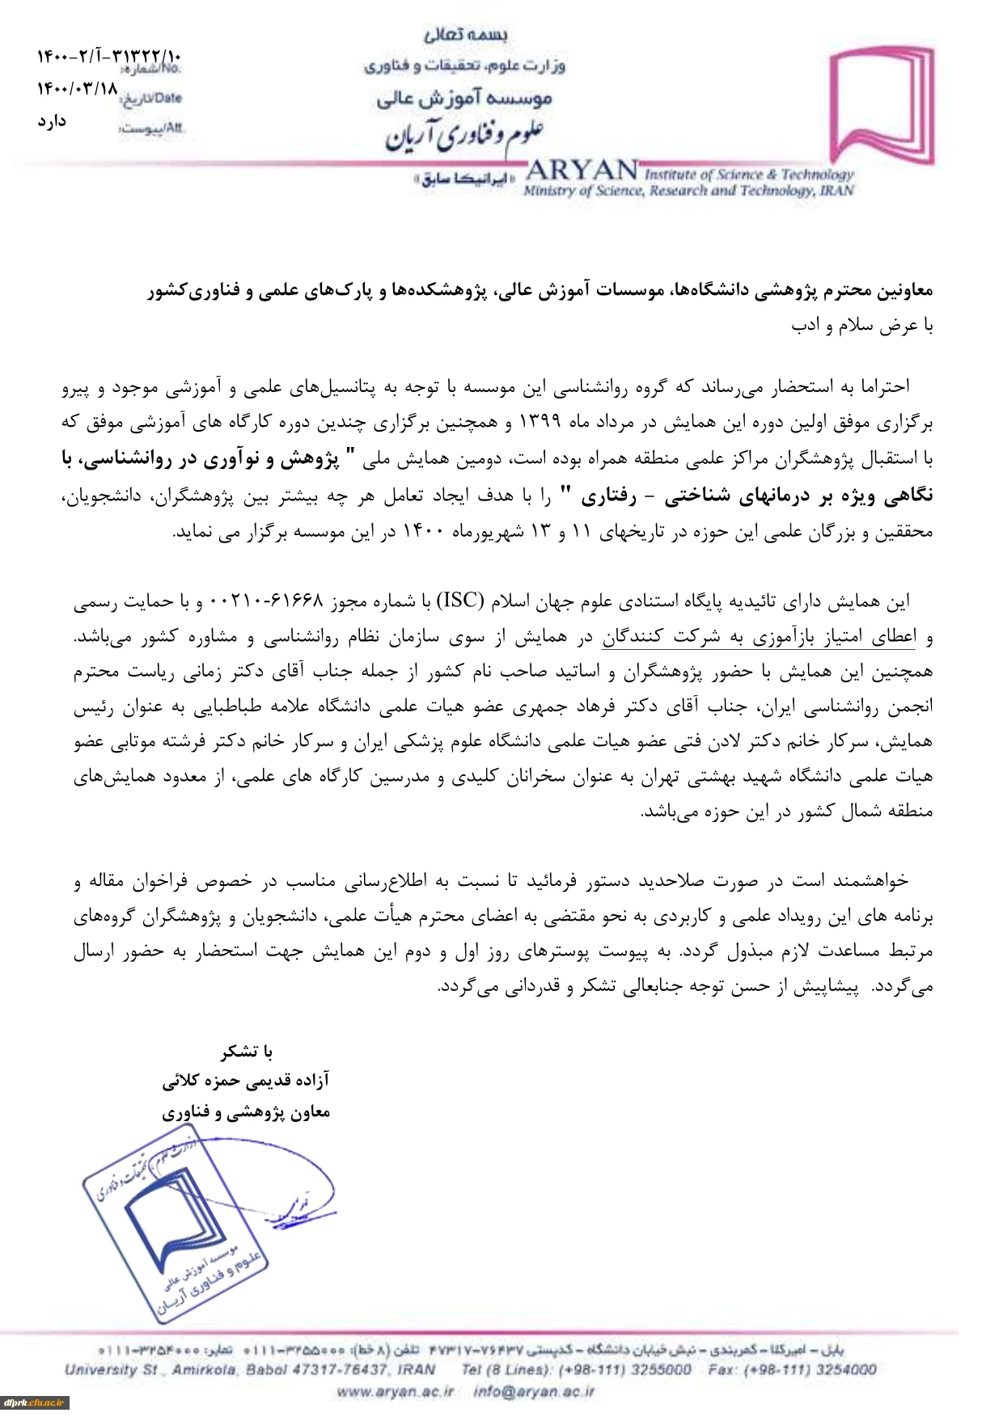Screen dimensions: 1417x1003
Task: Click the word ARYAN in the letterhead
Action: (x=582, y=171)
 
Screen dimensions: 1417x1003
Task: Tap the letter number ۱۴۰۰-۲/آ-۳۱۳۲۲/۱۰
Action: (x=109, y=57)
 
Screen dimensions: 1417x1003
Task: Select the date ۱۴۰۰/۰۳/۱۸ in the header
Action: (x=78, y=88)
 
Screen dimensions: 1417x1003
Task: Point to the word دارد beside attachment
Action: (x=52, y=121)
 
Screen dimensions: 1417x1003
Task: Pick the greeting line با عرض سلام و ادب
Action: (x=861, y=325)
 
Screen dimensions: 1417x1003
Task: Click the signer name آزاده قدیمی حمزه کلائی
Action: (x=246, y=1081)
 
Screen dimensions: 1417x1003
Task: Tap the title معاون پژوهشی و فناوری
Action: (x=246, y=1112)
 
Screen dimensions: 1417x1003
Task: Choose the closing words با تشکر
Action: (x=247, y=1051)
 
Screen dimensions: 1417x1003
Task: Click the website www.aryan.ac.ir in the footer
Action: (x=395, y=1391)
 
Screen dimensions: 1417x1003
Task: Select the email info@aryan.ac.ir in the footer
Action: (x=534, y=1391)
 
